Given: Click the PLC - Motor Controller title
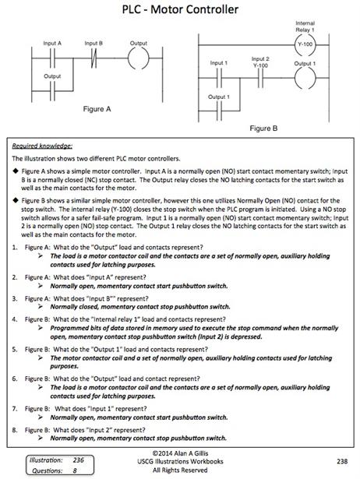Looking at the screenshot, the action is [180, 9].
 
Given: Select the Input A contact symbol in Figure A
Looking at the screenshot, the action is [52, 58].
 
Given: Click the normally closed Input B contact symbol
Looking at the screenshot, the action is [94, 58].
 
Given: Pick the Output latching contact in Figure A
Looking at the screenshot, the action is [52, 91].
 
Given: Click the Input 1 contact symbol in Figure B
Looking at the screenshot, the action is [219, 78].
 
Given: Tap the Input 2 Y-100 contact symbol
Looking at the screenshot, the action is [260, 78].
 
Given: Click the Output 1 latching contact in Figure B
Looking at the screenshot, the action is [219, 111].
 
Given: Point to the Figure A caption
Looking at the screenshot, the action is [97, 109].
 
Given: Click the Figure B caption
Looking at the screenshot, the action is [263, 129].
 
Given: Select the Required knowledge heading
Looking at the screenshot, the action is [42, 146].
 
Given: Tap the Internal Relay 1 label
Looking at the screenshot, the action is [305, 26].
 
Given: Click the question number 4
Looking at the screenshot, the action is [15, 319].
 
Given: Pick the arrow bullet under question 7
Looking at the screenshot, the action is [40, 417].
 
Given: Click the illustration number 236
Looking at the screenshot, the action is [78, 460].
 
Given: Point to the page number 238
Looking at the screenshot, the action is [342, 461].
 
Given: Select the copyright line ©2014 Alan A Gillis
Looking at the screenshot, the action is [180, 453].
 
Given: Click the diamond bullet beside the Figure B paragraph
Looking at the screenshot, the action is [16, 201].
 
